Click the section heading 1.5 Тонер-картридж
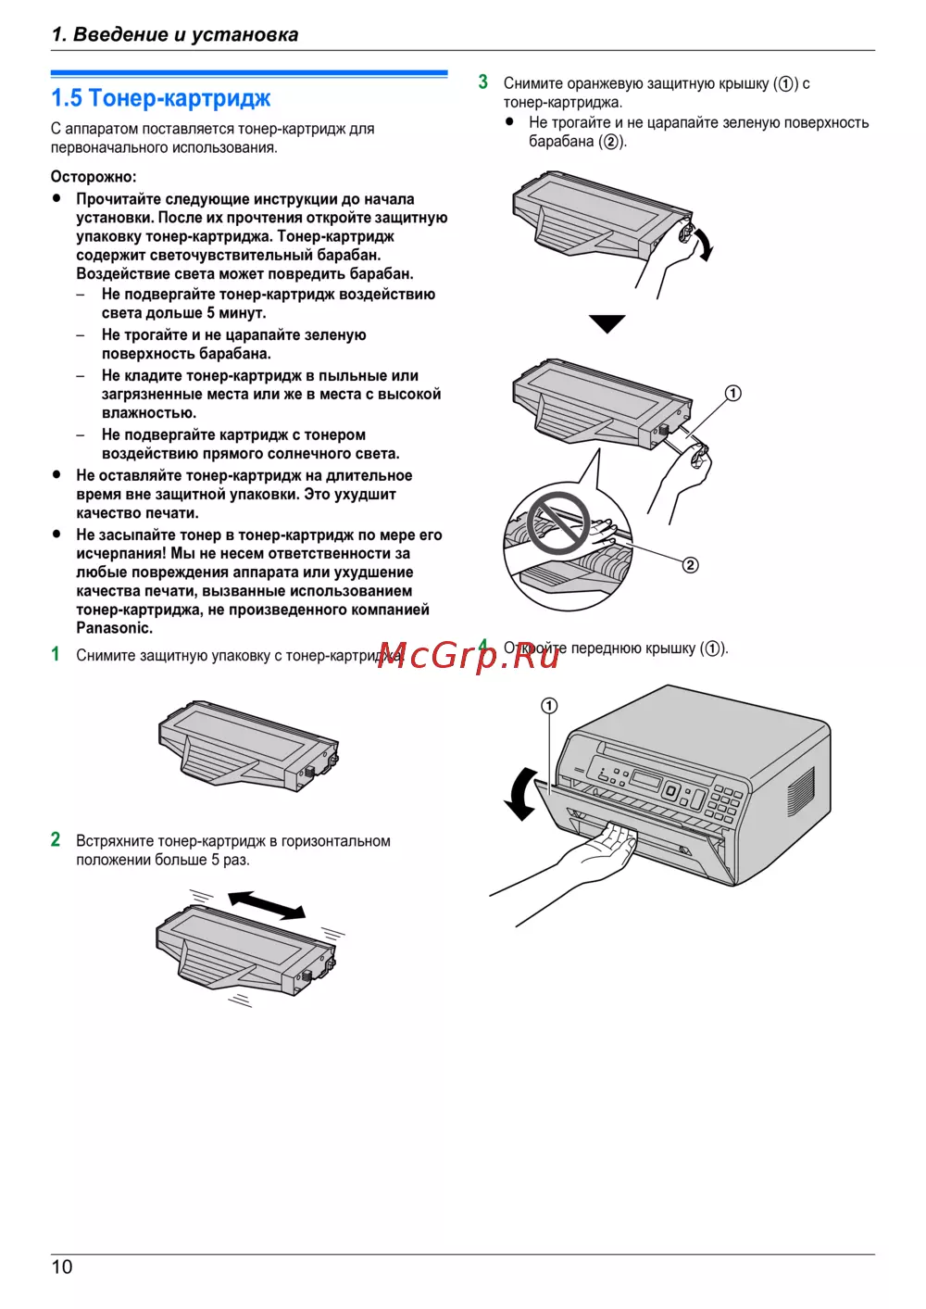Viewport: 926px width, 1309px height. (161, 98)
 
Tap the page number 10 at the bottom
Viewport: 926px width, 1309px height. (62, 1267)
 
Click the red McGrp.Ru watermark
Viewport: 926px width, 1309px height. (469, 656)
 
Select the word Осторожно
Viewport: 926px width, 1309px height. (94, 177)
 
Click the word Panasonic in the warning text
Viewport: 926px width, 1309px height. (115, 628)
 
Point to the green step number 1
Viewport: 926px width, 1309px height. (56, 654)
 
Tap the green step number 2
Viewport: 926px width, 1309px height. (56, 839)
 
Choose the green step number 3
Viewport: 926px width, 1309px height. (483, 82)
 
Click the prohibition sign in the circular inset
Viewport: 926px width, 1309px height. (557, 523)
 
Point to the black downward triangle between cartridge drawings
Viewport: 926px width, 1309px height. (607, 323)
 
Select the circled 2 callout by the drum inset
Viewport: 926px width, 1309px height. (690, 565)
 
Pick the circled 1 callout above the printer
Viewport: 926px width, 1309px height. (549, 706)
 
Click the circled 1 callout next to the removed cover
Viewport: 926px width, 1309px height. (732, 394)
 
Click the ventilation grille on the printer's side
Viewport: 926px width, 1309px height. (801, 792)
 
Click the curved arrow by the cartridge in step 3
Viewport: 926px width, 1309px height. (704, 244)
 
